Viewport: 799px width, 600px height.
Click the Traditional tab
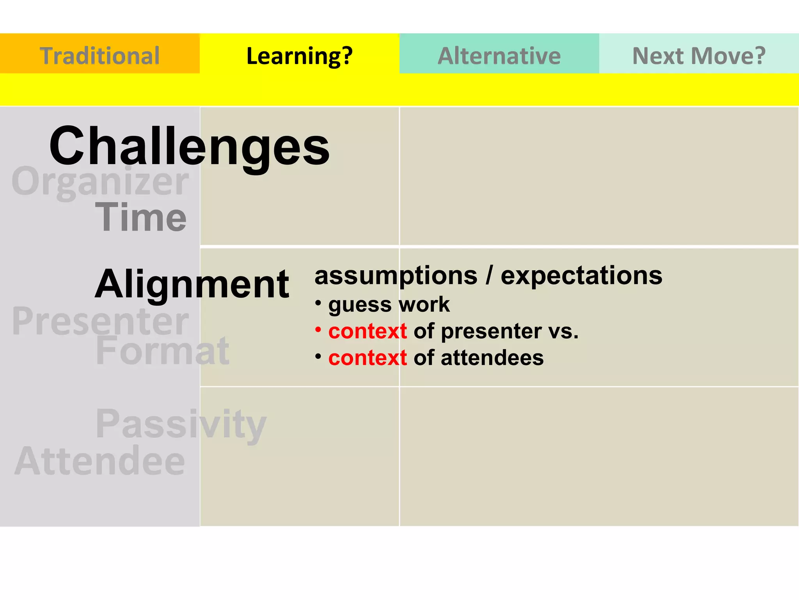click(x=99, y=55)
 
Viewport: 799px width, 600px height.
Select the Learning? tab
click(x=299, y=55)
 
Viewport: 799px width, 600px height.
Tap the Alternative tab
click(x=499, y=55)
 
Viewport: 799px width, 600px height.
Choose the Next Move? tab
click(x=699, y=55)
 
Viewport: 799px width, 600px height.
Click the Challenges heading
click(x=189, y=147)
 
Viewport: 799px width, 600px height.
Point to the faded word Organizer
click(x=100, y=182)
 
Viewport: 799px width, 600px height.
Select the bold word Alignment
click(x=192, y=285)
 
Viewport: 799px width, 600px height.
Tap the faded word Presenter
click(x=100, y=321)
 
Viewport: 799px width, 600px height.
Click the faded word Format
click(x=162, y=351)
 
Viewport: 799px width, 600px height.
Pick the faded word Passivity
click(x=181, y=424)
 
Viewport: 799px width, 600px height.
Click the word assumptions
click(x=396, y=276)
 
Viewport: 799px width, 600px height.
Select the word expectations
click(x=581, y=275)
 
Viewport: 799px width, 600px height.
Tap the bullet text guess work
click(x=389, y=304)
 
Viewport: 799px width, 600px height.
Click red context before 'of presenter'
click(x=368, y=331)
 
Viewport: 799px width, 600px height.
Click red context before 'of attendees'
click(x=368, y=358)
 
